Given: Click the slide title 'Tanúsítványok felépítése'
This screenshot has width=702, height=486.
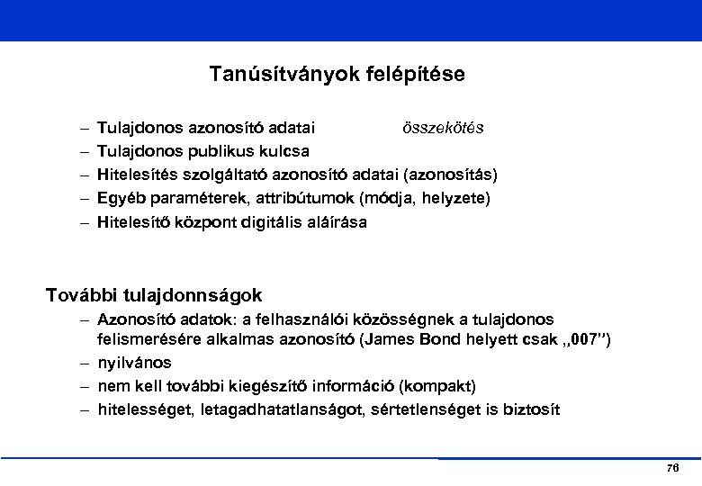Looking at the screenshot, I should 337,74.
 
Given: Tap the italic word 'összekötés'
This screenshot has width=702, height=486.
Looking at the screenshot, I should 443,128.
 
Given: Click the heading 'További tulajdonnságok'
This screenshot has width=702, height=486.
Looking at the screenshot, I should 154,294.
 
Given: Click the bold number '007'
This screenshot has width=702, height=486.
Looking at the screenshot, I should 580,339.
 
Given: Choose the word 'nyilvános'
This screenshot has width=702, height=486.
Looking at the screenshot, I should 134,363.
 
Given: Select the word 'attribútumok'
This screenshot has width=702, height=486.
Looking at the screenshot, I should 292,197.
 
